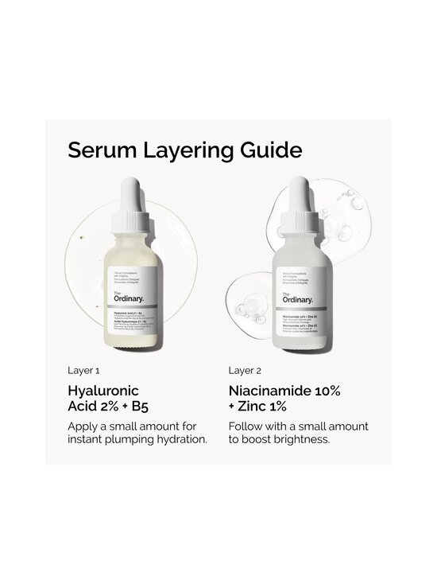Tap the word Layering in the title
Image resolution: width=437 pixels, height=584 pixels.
tap(184, 151)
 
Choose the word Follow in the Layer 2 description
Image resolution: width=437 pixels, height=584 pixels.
tap(246, 426)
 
